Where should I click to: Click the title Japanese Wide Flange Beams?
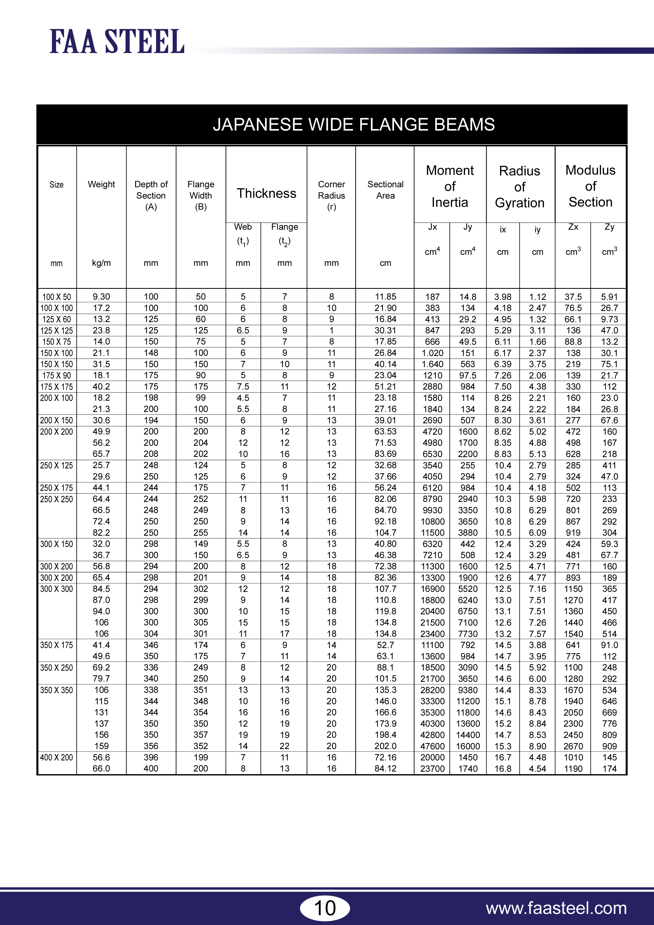[x=353, y=124]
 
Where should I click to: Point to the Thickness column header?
[x=266, y=193]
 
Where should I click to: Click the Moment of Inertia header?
[x=450, y=186]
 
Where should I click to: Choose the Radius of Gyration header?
[x=520, y=186]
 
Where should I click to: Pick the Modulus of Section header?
[x=590, y=186]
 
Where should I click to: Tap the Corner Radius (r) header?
[x=331, y=195]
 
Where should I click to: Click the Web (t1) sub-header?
[x=243, y=234]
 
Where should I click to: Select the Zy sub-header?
[x=609, y=227]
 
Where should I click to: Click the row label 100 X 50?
[x=56, y=297]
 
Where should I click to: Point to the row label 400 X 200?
[x=56, y=758]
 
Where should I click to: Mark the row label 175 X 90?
[x=56, y=376]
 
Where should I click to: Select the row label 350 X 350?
[x=56, y=690]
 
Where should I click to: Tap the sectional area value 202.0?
[x=385, y=746]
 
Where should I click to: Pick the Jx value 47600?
[x=432, y=746]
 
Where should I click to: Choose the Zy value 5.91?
[x=609, y=297]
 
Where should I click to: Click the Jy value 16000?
[x=468, y=746]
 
